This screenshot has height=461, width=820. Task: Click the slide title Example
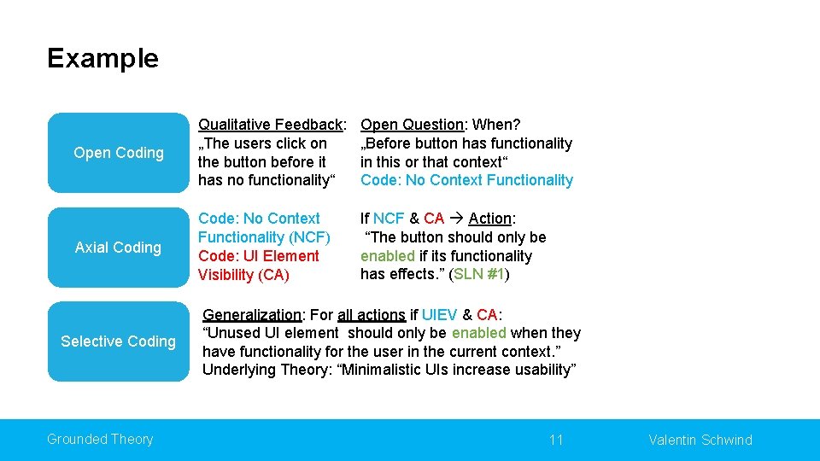[102, 58]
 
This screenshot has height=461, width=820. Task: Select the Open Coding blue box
[118, 153]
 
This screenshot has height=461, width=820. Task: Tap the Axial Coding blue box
[118, 248]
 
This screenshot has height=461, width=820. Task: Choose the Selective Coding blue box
[118, 341]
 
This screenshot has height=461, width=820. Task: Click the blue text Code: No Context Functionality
[466, 180]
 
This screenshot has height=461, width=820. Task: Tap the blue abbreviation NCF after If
[389, 219]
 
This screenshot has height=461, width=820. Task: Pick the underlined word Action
[489, 219]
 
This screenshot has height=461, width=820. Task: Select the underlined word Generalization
[252, 315]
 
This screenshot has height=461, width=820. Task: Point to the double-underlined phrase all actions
[371, 315]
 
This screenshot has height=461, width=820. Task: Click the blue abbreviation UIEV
[440, 315]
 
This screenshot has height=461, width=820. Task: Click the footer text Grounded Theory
[100, 440]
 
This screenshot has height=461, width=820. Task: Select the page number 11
[556, 441]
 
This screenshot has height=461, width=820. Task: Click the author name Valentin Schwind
[700, 441]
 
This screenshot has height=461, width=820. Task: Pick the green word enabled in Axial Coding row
[387, 256]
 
